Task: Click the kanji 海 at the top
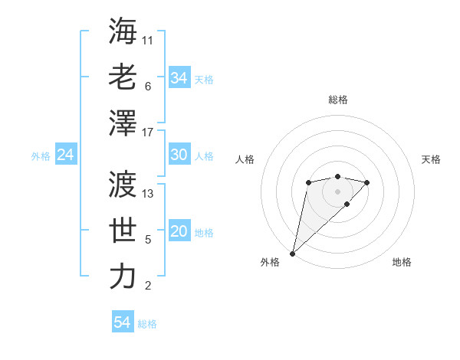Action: [x=123, y=31]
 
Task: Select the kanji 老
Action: [x=123, y=77]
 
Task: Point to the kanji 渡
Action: [x=123, y=184]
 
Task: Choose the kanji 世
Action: [x=123, y=231]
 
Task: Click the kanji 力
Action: [x=123, y=277]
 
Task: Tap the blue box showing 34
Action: [x=179, y=78]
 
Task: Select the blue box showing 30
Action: [x=179, y=155]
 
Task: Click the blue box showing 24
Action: [x=65, y=155]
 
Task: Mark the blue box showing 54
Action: [x=123, y=322]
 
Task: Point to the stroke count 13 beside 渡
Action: [x=148, y=193]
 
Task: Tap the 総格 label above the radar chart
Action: [x=337, y=100]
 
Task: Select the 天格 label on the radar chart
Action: [x=431, y=160]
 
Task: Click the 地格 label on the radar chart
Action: [x=402, y=262]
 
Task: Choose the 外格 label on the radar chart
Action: [x=270, y=262]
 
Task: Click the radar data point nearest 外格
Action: [x=292, y=253]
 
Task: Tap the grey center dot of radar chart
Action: [x=337, y=191]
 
